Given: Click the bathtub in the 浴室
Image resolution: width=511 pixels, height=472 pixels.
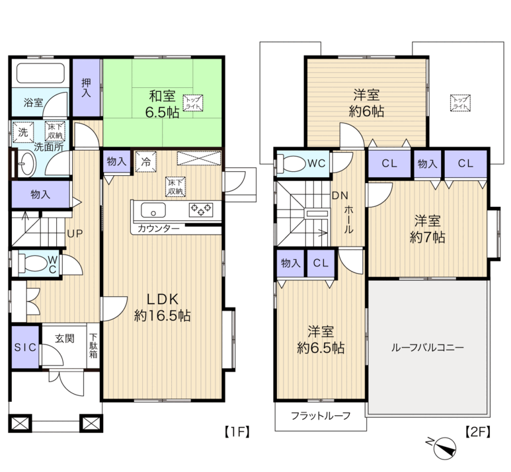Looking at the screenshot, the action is pyautogui.click(x=40, y=73).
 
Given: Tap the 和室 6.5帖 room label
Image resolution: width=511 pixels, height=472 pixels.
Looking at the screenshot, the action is pyautogui.click(x=162, y=104).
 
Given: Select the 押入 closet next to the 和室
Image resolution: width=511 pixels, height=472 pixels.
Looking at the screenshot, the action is pyautogui.click(x=86, y=87).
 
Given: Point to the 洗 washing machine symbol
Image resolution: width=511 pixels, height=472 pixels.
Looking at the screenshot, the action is pyautogui.click(x=23, y=132).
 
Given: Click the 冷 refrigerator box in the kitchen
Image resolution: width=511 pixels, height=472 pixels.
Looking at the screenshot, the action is pyautogui.click(x=145, y=161).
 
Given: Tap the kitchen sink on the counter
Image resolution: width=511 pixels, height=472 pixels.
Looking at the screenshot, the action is pyautogui.click(x=153, y=210).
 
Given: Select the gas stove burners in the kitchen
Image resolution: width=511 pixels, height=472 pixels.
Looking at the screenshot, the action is pyautogui.click(x=201, y=210).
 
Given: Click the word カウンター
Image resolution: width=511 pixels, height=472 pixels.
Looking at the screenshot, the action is pyautogui.click(x=159, y=229).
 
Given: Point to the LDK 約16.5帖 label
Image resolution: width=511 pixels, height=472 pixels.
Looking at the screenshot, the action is pyautogui.click(x=163, y=307).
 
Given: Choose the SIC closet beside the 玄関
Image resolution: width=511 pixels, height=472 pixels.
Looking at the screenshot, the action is pyautogui.click(x=25, y=347).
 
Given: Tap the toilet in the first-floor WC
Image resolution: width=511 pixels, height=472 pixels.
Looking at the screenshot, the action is pyautogui.click(x=33, y=263).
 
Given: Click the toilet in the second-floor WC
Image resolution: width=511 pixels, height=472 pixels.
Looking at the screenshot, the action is pyautogui.click(x=291, y=163).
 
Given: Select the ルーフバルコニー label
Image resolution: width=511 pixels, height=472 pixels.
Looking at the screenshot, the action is pyautogui.click(x=427, y=348).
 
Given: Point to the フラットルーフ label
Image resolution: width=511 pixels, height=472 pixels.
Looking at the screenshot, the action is pyautogui.click(x=321, y=416).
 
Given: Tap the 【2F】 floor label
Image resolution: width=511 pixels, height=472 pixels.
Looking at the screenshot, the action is pyautogui.click(x=477, y=432).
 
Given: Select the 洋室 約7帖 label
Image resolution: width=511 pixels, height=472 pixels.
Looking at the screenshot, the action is pyautogui.click(x=427, y=229).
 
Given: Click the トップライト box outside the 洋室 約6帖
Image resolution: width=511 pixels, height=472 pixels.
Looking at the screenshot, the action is pyautogui.click(x=460, y=103).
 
